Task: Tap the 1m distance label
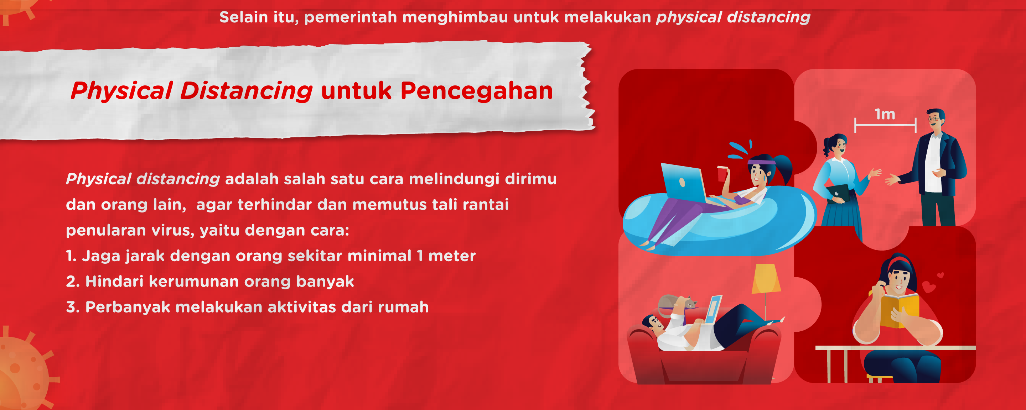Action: pos(885,115)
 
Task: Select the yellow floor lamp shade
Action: pos(766,279)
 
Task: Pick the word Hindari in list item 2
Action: pos(114,282)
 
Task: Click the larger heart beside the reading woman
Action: pos(929,287)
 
